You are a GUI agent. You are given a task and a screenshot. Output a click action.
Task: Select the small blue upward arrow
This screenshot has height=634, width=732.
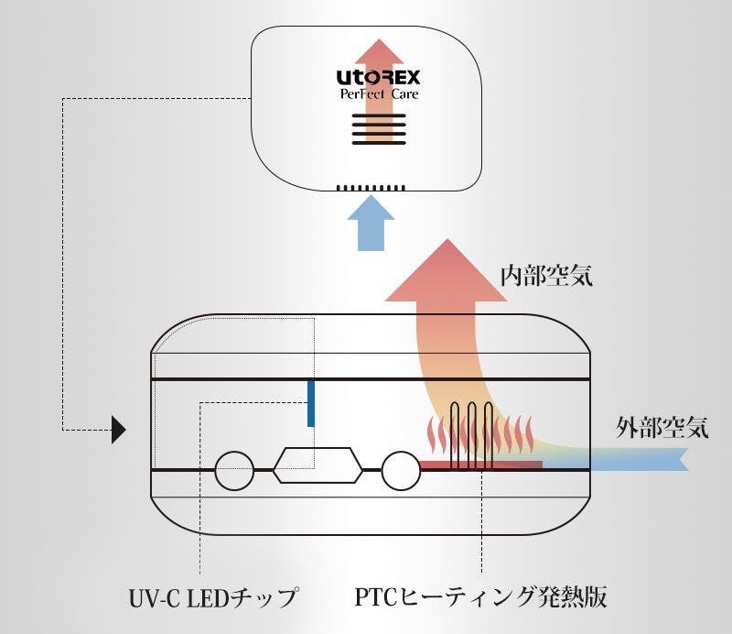pyautogui.click(x=371, y=223)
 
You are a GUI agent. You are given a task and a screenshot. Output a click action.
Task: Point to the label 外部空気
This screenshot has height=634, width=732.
pyautogui.click(x=662, y=427)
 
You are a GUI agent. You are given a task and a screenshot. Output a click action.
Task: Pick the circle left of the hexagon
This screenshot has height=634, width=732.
pyautogui.click(x=233, y=470)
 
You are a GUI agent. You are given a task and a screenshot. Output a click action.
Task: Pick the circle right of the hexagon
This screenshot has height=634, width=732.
pyautogui.click(x=401, y=470)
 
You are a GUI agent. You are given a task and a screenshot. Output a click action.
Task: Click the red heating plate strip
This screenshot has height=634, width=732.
pyautogui.click(x=479, y=465)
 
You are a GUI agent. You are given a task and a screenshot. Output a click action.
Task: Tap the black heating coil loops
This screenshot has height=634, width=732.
pyautogui.click(x=473, y=435)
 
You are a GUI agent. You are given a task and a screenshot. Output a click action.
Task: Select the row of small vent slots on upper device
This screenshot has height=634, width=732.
pyautogui.click(x=371, y=189)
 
